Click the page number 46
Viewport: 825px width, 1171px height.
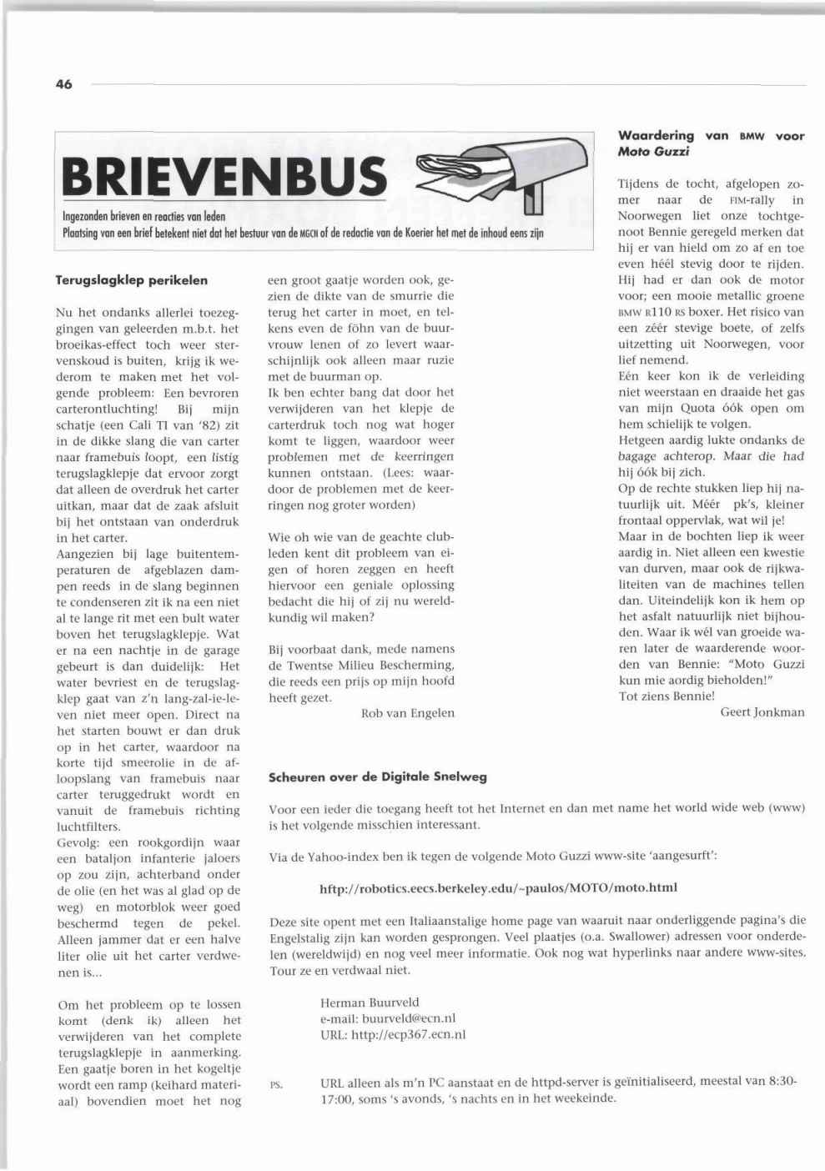64,84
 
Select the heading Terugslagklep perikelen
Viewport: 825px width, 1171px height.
132,280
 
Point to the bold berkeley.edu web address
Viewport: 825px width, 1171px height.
498,887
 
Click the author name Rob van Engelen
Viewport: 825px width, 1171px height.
408,713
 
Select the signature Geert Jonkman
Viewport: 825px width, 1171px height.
762,711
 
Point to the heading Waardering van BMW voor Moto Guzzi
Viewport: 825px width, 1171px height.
711,143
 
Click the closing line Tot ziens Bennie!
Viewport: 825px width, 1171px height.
667,696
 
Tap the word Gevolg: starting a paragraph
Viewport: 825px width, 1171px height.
78,842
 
